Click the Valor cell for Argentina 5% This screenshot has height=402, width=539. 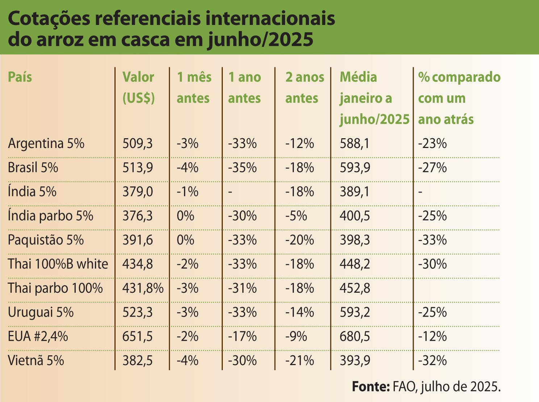[138, 144]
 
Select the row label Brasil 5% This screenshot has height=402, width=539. [33, 168]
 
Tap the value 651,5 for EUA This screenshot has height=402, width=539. [138, 337]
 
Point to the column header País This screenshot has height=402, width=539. [20, 77]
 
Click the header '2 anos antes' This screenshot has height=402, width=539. [304, 88]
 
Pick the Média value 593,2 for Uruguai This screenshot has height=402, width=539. [355, 313]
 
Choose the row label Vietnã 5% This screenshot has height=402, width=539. [36, 361]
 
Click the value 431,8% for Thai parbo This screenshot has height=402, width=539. [143, 289]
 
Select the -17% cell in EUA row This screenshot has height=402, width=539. [242, 337]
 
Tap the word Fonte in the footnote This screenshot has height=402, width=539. [370, 386]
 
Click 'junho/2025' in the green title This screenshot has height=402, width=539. [260, 40]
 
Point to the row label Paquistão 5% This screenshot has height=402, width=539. [46, 240]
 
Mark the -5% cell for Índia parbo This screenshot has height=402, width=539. [296, 216]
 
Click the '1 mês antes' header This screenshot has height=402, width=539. [194, 88]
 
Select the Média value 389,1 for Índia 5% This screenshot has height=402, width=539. [355, 192]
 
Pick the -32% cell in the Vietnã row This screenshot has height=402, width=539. [433, 361]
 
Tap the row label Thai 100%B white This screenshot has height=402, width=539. [58, 265]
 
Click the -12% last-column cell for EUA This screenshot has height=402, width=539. [433, 337]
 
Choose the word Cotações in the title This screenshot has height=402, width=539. [49, 19]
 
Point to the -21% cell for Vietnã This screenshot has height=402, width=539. [300, 361]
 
